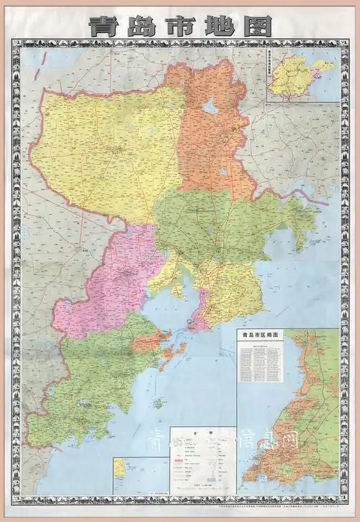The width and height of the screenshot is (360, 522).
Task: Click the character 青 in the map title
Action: click(102, 27)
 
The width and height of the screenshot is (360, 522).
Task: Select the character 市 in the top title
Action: click(180, 27)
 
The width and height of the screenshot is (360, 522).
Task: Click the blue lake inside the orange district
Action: click(210, 107)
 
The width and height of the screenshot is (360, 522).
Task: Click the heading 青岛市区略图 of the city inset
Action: click(264, 335)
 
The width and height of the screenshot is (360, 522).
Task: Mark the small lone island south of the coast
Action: click(158, 403)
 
